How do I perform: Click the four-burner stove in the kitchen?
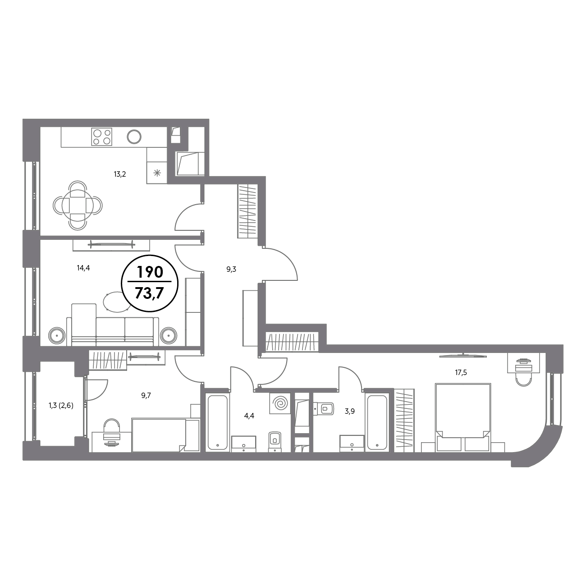(102, 137)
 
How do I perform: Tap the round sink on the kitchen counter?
(134, 137)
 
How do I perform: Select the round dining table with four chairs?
(78, 205)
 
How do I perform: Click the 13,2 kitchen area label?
(120, 174)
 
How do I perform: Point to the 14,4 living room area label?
(83, 268)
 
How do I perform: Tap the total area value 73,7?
(150, 293)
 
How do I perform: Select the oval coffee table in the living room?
(117, 302)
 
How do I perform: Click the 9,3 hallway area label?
(231, 269)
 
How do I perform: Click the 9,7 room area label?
(146, 395)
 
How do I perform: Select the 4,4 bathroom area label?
(249, 416)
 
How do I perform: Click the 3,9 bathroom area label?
(350, 412)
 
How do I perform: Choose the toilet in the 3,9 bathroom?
(324, 408)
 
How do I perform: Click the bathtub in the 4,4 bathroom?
(217, 422)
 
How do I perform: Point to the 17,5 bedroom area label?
(461, 372)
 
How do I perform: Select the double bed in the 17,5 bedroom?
(463, 417)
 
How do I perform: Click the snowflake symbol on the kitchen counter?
(157, 174)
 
